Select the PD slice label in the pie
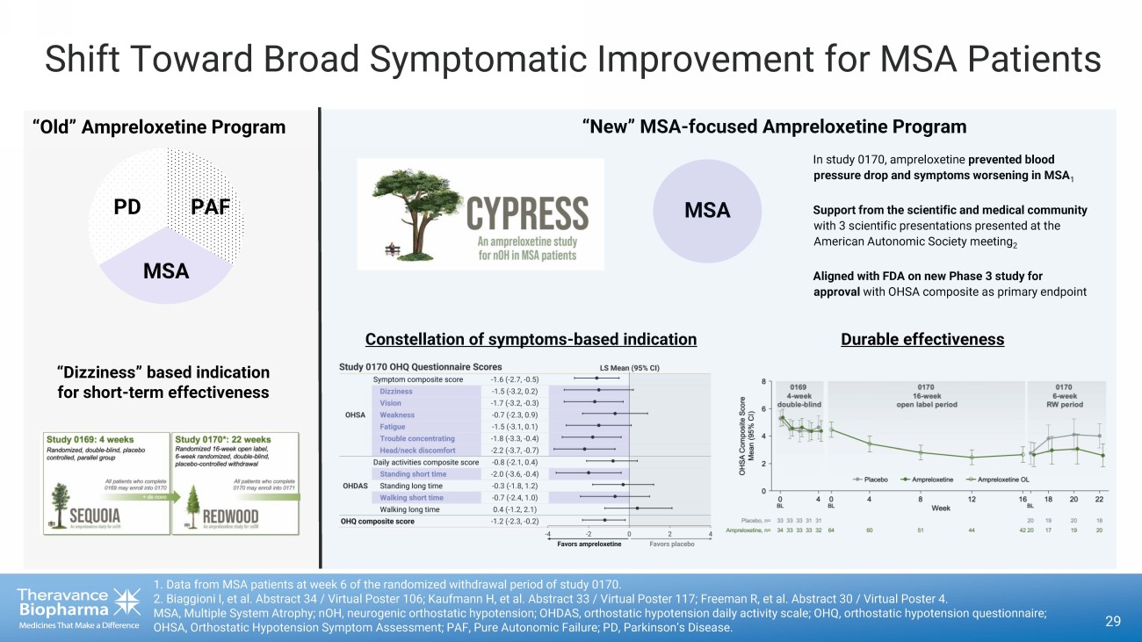(127, 207)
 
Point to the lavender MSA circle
(706, 210)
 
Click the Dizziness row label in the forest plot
(395, 391)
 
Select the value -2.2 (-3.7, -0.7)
(515, 450)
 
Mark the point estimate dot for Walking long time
(637, 509)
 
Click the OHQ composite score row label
(378, 521)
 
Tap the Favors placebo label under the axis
(671, 544)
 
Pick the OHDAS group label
(355, 486)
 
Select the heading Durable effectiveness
(922, 339)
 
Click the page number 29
(1113, 622)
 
